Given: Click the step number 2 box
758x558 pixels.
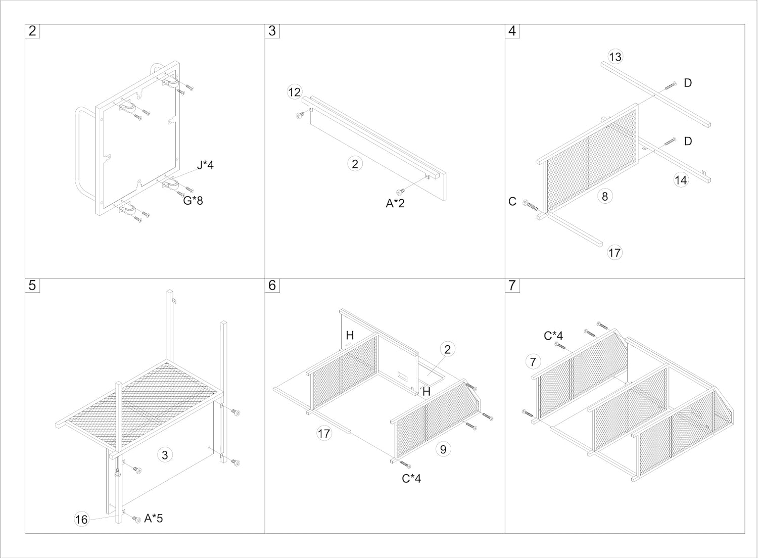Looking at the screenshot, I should [x=32, y=31].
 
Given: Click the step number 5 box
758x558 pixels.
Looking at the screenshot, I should [x=32, y=286].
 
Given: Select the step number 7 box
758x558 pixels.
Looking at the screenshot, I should [x=512, y=286].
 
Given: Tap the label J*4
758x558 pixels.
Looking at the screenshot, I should [x=205, y=165].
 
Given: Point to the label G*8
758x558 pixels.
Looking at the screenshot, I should [x=193, y=201].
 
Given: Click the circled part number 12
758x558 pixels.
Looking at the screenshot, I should [x=294, y=92].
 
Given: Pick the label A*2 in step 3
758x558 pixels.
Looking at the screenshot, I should [x=395, y=204].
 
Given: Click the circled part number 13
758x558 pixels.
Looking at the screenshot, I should [x=615, y=57].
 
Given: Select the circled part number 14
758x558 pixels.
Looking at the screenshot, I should [x=681, y=179].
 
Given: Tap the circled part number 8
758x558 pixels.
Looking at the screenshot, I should [x=604, y=196].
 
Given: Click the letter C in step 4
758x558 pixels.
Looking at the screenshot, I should [x=512, y=202].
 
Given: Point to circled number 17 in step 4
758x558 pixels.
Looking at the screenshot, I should [x=614, y=253].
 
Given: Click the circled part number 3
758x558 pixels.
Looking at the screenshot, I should [x=165, y=455].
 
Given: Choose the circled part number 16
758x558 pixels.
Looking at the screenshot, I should [x=81, y=519].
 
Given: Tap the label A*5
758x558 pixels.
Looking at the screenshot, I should [x=153, y=518].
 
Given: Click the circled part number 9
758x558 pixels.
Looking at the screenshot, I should [x=443, y=449].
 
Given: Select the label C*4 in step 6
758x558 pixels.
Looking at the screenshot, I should [x=411, y=478].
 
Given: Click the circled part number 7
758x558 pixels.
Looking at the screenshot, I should [x=533, y=361].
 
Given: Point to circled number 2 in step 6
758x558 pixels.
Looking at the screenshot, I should [x=447, y=349].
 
